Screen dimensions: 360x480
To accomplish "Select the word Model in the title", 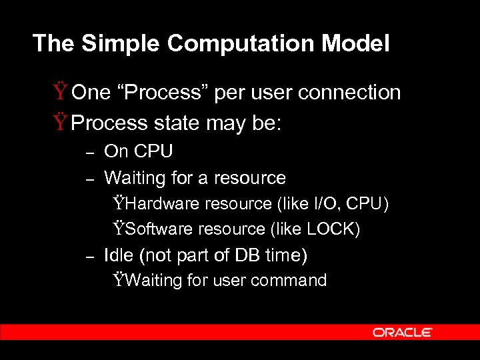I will click(x=359, y=44).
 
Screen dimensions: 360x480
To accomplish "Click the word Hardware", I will click(x=163, y=203).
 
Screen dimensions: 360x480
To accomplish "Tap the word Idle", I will click(x=119, y=255).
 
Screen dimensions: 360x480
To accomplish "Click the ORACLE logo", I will click(x=403, y=332).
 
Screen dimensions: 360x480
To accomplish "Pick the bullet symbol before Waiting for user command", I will click(x=119, y=281).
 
